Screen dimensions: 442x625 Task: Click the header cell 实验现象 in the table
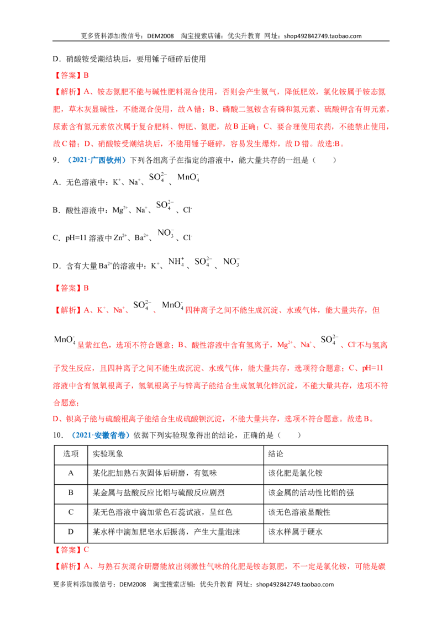pyautogui.click(x=108, y=454)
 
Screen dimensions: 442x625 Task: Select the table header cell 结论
pyautogui.click(x=276, y=454)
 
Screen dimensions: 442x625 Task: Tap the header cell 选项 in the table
pyautogui.click(x=71, y=454)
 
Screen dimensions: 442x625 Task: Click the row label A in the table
pyautogui.click(x=71, y=473)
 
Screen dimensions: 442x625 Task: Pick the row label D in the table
pyautogui.click(x=71, y=532)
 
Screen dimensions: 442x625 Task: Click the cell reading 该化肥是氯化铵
pyautogui.click(x=295, y=473)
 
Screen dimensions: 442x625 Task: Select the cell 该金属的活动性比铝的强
pyautogui.click(x=311, y=492)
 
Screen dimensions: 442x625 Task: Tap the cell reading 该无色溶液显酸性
pyautogui.click(x=299, y=512)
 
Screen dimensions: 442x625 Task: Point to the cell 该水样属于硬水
pyautogui.click(x=295, y=532)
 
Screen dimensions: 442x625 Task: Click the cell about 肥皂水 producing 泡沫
pyautogui.click(x=166, y=532)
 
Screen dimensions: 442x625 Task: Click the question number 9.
pyautogui.click(x=56, y=160)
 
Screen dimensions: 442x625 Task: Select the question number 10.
pyautogui.click(x=58, y=435)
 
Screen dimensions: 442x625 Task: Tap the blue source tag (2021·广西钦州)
pyautogui.click(x=96, y=160)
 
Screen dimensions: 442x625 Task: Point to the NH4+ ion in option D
pyautogui.click(x=176, y=262)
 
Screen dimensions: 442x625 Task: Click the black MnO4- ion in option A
pyautogui.click(x=188, y=177)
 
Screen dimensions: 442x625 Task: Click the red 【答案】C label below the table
pyautogui.click(x=71, y=550)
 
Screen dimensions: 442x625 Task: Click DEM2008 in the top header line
pyautogui.click(x=160, y=36)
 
